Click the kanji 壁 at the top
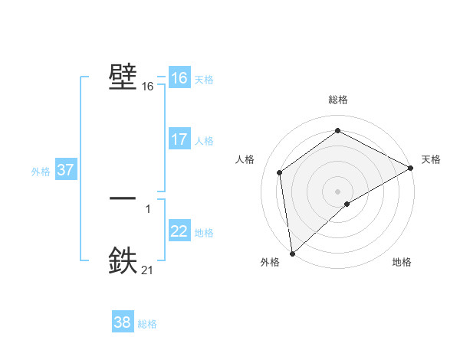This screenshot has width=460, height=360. (123, 77)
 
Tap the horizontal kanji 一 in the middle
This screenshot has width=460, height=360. (123, 197)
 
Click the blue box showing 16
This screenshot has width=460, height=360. (179, 78)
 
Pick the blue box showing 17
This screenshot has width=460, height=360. (179, 139)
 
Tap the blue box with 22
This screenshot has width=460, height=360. (179, 231)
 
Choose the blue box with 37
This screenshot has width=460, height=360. (65, 170)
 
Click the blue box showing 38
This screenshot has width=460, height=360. (122, 322)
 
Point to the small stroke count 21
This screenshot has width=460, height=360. (147, 270)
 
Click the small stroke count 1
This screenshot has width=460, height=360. (147, 208)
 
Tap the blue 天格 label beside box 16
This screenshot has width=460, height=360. (204, 80)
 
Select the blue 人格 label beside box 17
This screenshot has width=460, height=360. (204, 141)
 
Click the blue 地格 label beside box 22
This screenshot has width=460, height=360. (204, 233)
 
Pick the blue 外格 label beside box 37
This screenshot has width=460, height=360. (41, 172)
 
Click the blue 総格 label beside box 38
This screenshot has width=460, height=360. (147, 324)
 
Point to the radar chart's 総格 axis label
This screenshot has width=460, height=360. (337, 100)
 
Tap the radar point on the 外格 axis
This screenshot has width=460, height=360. (292, 252)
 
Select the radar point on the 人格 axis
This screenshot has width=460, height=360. (280, 172)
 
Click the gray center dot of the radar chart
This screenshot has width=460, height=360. (337, 191)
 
